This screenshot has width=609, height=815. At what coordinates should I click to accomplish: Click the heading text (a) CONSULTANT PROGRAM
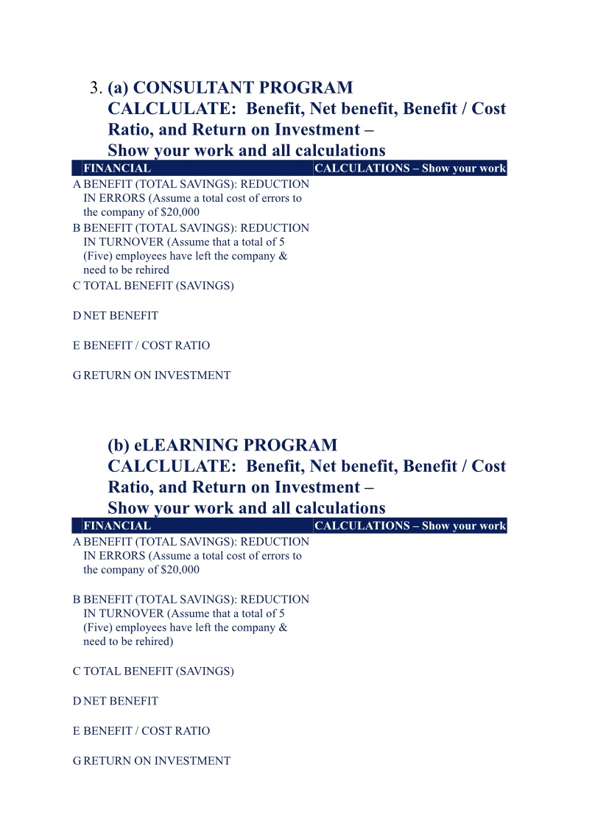(x=230, y=88)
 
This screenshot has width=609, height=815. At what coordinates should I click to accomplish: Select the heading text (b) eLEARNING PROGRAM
(x=222, y=445)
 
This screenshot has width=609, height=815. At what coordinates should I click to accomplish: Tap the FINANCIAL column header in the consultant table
(x=117, y=169)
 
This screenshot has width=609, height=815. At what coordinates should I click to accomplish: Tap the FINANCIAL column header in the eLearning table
(x=117, y=526)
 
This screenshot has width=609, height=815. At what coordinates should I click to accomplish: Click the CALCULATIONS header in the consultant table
(x=410, y=169)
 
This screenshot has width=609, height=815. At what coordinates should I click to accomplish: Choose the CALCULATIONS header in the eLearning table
(x=410, y=526)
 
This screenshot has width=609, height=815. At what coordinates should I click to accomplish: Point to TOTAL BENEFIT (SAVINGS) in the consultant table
(x=158, y=286)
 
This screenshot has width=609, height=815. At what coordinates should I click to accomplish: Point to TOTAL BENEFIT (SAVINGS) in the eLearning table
(x=158, y=671)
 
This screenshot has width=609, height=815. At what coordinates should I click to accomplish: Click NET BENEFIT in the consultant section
(x=121, y=316)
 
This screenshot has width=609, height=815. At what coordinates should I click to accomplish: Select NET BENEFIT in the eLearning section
(x=121, y=702)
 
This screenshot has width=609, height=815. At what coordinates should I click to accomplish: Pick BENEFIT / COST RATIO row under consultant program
(x=147, y=346)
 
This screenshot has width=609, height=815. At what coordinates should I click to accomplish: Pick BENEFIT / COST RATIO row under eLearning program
(x=147, y=731)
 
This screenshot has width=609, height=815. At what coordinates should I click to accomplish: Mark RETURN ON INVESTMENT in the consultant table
(x=157, y=375)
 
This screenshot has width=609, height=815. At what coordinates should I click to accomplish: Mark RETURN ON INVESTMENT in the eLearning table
(x=157, y=761)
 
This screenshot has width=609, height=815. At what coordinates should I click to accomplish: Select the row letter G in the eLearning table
(x=77, y=761)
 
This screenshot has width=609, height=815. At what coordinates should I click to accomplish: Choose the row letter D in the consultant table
(x=77, y=316)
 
